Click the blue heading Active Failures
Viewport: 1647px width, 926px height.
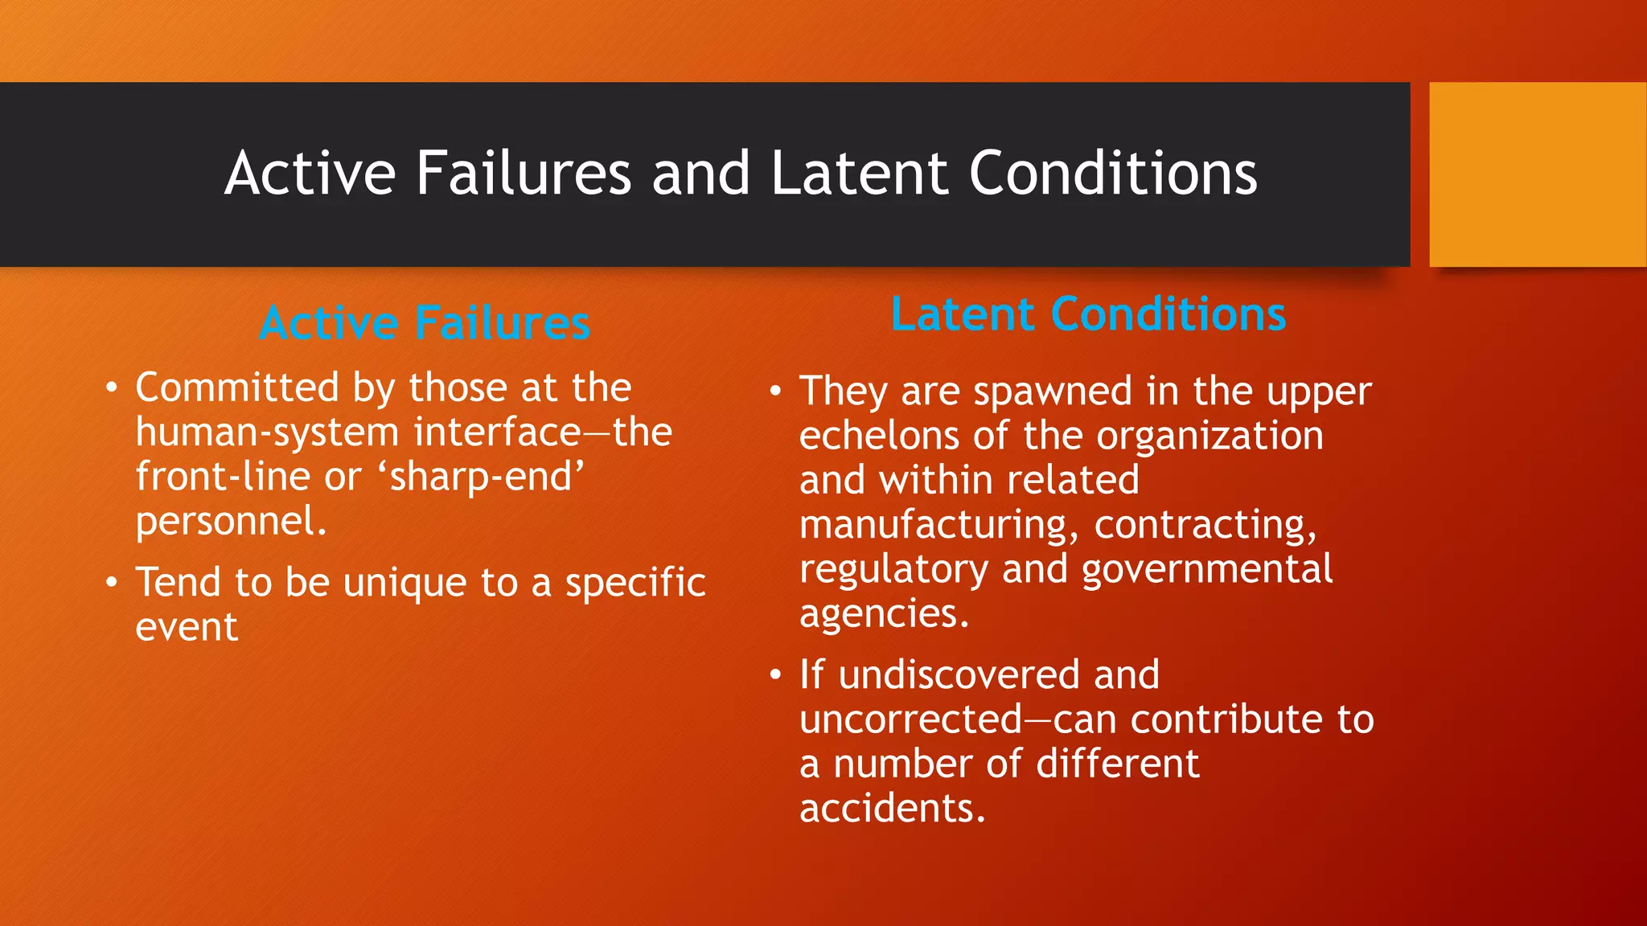(x=425, y=323)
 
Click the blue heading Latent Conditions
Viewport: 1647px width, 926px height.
(x=1088, y=313)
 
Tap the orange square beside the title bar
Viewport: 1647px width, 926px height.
(x=1538, y=174)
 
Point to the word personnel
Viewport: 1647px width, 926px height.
(x=231, y=521)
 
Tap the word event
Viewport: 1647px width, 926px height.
(x=187, y=627)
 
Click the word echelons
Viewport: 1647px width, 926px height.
(x=879, y=436)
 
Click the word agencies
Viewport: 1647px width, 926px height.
(x=884, y=614)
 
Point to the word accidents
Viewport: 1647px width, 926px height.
(x=892, y=808)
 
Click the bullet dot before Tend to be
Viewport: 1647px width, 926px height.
(x=112, y=581)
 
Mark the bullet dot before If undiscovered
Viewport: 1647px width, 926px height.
(x=775, y=674)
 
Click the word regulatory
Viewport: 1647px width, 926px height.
(x=893, y=569)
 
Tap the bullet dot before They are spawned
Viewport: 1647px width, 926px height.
(x=775, y=391)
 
